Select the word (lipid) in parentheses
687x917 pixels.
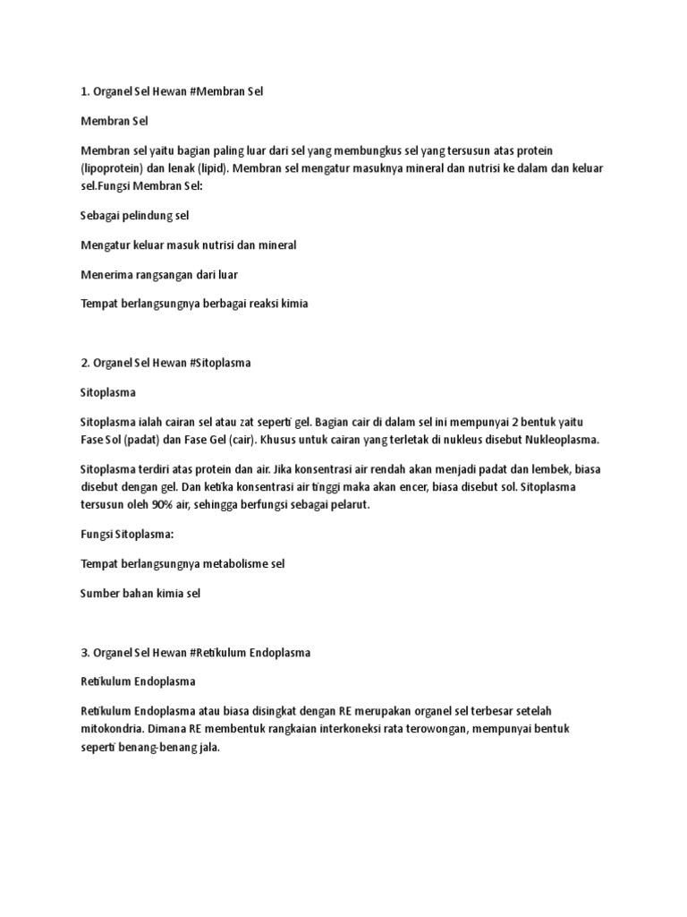point(216,170)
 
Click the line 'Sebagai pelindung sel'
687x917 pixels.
point(134,216)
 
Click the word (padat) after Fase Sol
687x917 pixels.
point(138,440)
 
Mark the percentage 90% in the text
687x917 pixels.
point(172,505)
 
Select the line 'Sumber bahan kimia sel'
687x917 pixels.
point(140,593)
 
